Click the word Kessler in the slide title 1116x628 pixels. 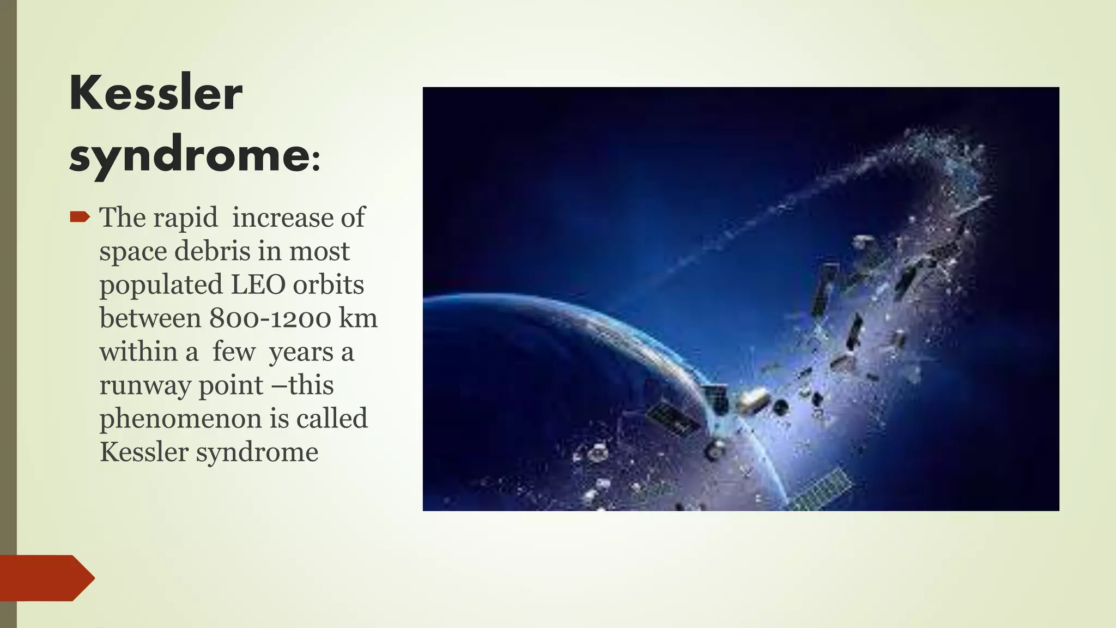(x=156, y=93)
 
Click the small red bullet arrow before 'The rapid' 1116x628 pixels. (x=80, y=218)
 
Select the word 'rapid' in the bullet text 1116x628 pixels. (x=185, y=218)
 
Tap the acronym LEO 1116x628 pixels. (x=258, y=285)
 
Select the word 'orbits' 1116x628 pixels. (x=328, y=285)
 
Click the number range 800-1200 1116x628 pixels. (x=270, y=318)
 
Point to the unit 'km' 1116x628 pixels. (x=358, y=318)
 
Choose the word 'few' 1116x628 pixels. (x=234, y=352)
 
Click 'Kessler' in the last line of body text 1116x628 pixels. (x=144, y=452)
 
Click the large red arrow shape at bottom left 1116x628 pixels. (x=46, y=578)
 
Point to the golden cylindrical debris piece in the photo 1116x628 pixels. (x=754, y=400)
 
